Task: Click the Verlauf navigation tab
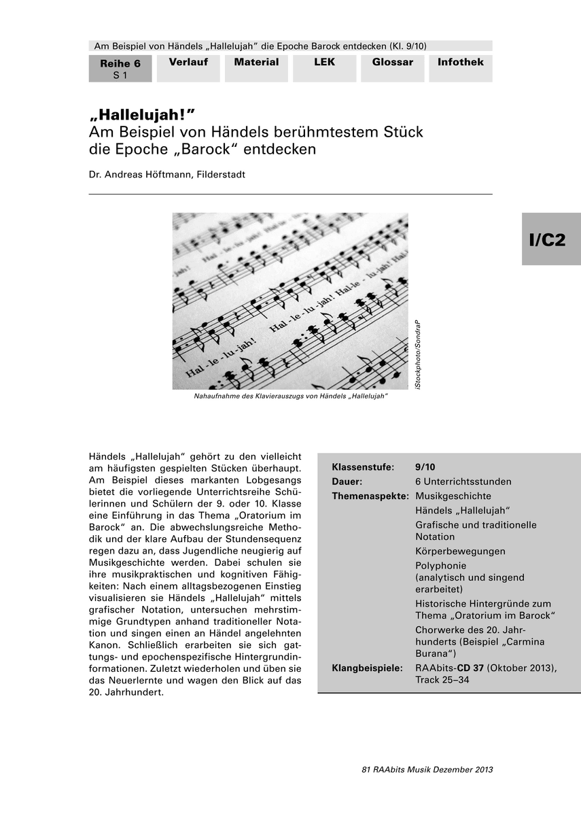[x=188, y=63]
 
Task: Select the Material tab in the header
[x=256, y=63]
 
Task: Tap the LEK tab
[x=324, y=63]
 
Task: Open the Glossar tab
[x=392, y=63]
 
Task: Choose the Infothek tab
[x=460, y=63]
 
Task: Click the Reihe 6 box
[x=120, y=69]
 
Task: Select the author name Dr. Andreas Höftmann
[x=166, y=175]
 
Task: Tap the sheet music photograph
[x=290, y=301]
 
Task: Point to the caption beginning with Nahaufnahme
[x=290, y=396]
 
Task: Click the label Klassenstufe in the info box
[x=362, y=467]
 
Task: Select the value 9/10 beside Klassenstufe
[x=425, y=467]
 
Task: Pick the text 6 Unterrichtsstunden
[x=463, y=481]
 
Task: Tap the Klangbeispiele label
[x=367, y=668]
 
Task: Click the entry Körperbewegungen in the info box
[x=460, y=551]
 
